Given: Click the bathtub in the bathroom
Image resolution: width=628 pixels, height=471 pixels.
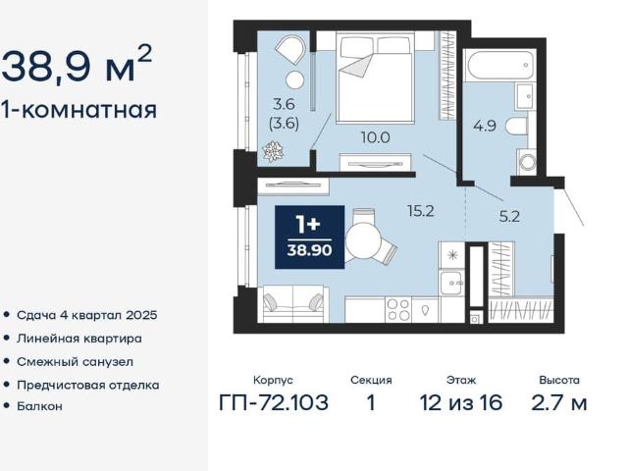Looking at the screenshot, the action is point(499,65).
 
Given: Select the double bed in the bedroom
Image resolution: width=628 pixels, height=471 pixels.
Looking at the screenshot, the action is point(374,78).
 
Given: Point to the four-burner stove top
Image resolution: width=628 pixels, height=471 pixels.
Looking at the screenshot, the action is point(399,310).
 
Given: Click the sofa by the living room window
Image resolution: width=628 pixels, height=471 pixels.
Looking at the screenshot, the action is point(293,304).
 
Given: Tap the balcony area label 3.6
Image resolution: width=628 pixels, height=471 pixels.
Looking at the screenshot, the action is point(284,105).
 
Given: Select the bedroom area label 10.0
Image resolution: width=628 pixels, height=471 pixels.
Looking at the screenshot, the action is point(375,137).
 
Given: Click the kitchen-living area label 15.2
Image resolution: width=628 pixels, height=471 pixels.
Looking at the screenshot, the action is point(421,211).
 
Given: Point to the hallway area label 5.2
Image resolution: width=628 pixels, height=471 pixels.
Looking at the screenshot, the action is point(509,217).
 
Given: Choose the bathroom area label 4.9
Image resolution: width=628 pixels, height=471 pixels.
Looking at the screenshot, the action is point(485,127).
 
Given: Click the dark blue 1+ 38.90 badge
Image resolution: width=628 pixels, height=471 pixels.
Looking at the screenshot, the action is point(310,236).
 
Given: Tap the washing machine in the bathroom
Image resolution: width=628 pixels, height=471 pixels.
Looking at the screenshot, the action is point(526,162).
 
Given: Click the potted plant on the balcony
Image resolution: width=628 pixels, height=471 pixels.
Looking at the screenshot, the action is point(273,151).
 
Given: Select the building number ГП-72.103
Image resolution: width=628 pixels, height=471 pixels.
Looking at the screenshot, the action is point(274,402).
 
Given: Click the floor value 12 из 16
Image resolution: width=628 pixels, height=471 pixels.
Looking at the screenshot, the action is point(461,402).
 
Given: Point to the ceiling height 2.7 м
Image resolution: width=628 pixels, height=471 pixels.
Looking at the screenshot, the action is point(559,402).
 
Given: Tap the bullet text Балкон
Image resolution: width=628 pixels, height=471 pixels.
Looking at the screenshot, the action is point(39,406).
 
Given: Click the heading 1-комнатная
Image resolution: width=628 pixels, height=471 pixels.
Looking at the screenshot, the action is point(78,110).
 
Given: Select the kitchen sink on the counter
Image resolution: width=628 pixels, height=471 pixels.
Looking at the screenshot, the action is point(451,283).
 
